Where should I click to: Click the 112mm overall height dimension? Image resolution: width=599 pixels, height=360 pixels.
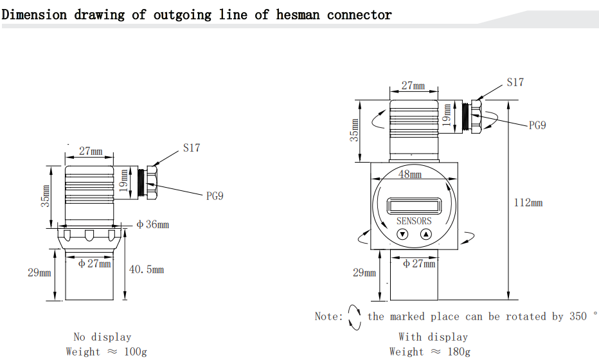528,203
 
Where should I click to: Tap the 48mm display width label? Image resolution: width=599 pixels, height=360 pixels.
410,174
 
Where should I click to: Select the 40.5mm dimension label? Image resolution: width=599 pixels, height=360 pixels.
147,269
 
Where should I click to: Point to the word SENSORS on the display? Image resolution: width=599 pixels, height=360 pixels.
414,221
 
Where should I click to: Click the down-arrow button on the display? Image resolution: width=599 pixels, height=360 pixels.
402,235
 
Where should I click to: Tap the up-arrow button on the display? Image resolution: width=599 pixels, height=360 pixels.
426,235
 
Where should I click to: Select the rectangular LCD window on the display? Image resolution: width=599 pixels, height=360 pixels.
414,206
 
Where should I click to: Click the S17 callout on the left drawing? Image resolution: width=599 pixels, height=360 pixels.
191,148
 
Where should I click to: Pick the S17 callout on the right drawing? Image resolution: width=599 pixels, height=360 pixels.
515,82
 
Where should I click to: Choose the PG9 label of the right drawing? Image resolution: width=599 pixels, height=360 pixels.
537,125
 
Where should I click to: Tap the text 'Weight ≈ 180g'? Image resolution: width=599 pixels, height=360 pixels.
429,351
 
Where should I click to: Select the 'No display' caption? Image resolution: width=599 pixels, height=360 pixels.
102,337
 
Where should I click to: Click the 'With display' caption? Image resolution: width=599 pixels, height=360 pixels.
433,337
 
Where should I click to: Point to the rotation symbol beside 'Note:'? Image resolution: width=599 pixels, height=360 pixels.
354,316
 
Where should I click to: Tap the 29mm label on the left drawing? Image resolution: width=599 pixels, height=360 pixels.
39,273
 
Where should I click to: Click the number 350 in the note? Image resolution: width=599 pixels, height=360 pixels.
578,316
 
